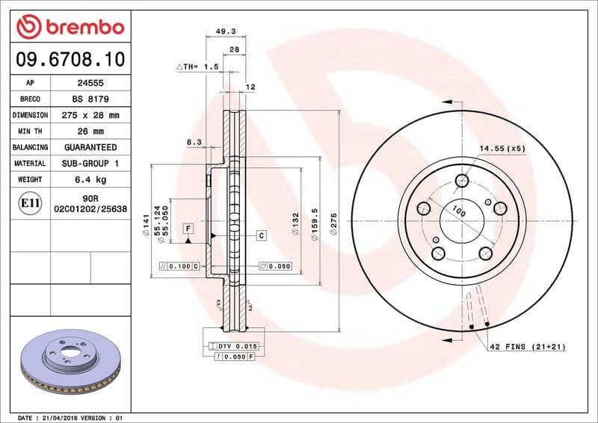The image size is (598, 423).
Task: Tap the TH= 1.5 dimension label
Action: pos(197,67)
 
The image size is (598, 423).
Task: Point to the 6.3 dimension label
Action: pos(194,141)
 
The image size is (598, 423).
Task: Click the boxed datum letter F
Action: pos(188,227)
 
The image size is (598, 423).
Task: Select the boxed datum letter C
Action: pos(261,235)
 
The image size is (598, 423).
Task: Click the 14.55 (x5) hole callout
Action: pos(502,149)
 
